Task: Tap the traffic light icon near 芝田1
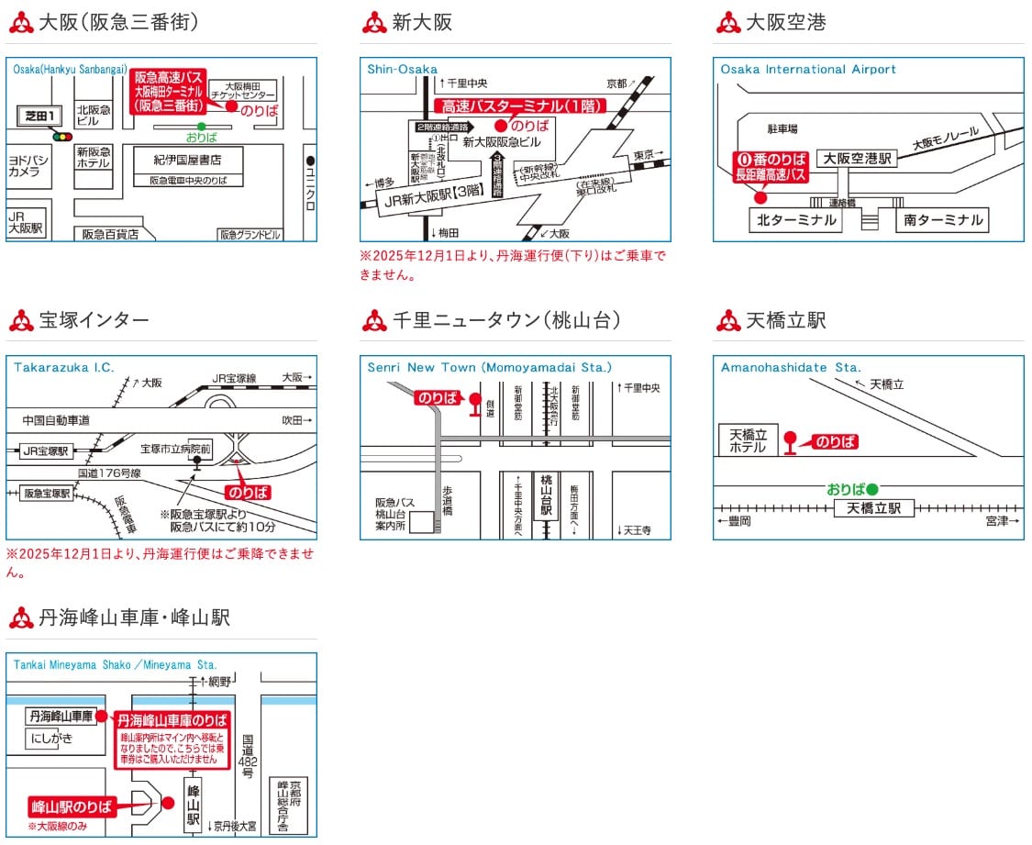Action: click(62, 137)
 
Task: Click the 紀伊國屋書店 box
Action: click(187, 160)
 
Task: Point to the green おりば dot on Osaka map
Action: click(202, 126)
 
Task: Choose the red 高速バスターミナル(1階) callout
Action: click(522, 106)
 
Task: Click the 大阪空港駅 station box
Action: click(857, 159)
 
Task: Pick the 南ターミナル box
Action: click(941, 220)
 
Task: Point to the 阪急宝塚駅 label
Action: click(47, 493)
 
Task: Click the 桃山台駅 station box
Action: click(548, 495)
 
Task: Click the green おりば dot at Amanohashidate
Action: click(872, 489)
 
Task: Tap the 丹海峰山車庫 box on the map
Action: click(61, 716)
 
